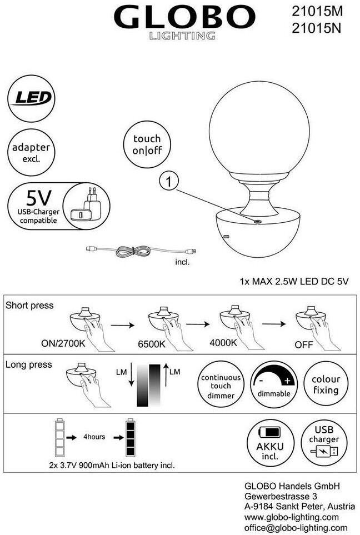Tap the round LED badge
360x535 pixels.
click(x=32, y=98)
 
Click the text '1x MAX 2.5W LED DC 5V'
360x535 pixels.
click(x=294, y=281)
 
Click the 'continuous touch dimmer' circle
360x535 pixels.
click(x=221, y=387)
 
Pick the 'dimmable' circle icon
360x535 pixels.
click(x=273, y=383)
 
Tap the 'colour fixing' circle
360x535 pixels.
click(x=326, y=384)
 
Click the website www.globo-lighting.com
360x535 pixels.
click(x=291, y=517)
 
